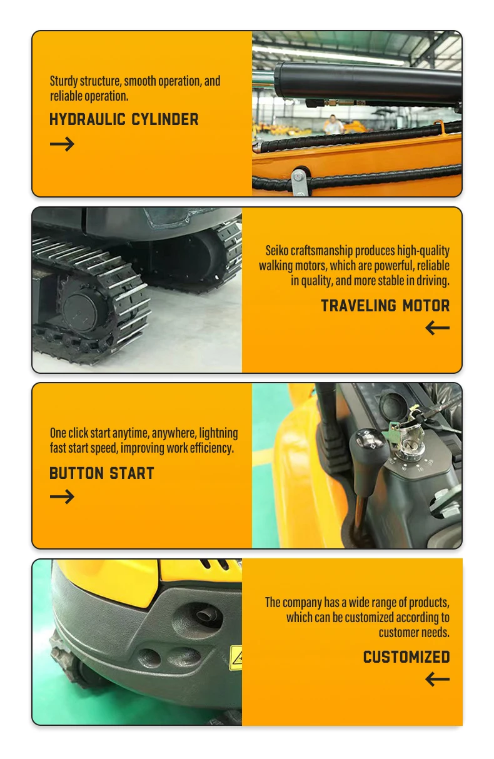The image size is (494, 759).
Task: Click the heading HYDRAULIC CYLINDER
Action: (x=124, y=119)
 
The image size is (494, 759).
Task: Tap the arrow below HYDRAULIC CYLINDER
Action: (x=62, y=144)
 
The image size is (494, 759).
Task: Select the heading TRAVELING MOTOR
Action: (x=385, y=306)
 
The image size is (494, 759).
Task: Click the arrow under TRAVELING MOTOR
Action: (x=437, y=328)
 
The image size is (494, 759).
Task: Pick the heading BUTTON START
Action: (x=101, y=473)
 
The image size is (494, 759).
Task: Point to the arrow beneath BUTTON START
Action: (x=62, y=497)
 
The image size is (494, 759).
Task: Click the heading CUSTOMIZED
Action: (x=406, y=657)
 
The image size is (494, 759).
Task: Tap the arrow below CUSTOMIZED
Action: (x=437, y=679)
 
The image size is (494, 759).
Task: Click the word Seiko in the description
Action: (x=278, y=251)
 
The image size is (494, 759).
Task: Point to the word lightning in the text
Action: (x=218, y=433)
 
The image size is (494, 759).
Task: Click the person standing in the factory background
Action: (x=334, y=124)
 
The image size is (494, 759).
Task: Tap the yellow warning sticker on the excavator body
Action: (x=236, y=658)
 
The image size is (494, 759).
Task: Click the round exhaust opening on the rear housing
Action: (x=206, y=616)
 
